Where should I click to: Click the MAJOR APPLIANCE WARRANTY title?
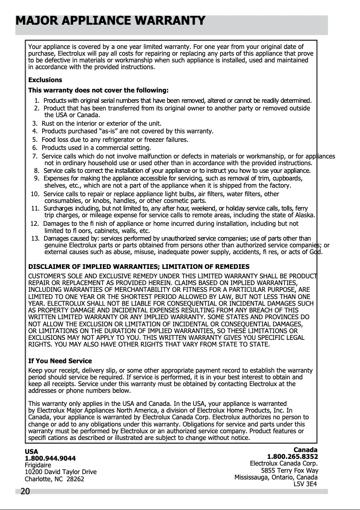(x=110, y=21)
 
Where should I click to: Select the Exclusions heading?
(x=45, y=80)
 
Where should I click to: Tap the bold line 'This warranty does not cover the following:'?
(x=98, y=90)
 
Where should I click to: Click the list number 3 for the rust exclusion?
(x=35, y=123)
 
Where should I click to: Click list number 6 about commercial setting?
(x=35, y=148)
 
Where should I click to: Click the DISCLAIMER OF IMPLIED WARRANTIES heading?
(x=139, y=267)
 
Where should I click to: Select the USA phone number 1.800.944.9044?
(x=50, y=458)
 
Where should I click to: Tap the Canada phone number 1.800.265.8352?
(x=292, y=457)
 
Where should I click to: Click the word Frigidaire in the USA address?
(x=38, y=465)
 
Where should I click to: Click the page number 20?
(x=25, y=492)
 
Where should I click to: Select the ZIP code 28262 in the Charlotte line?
(x=75, y=479)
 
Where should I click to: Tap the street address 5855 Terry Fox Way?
(x=290, y=470)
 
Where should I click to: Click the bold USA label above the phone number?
(x=31, y=452)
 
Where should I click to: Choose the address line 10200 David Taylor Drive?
(x=61, y=472)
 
